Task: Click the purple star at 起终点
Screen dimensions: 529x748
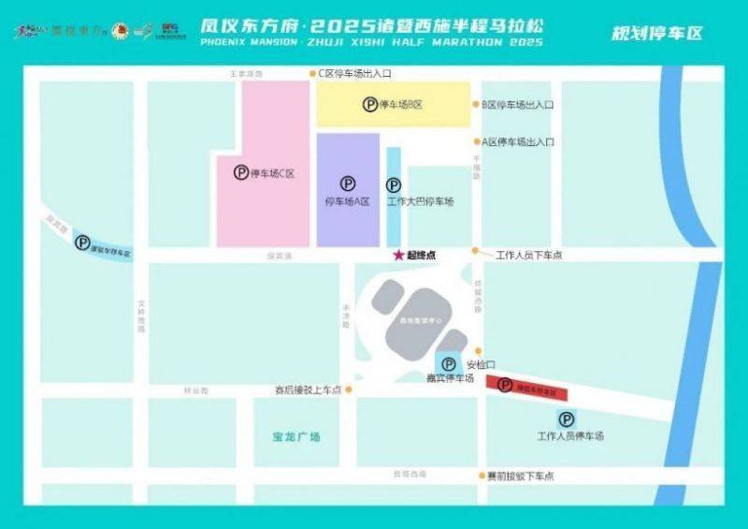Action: tap(397, 255)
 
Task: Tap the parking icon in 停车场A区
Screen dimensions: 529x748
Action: tap(348, 184)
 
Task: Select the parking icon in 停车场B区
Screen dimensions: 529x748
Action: tap(370, 105)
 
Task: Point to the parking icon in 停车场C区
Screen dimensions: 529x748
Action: tap(241, 172)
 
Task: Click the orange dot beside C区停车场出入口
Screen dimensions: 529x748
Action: tap(312, 72)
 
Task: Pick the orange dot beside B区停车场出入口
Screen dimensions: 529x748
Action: tap(476, 105)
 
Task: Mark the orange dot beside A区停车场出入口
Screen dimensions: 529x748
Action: tap(476, 142)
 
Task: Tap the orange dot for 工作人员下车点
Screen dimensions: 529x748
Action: tap(476, 251)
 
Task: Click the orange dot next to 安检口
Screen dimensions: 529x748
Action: tap(478, 351)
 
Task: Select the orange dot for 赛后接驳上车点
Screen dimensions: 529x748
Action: tap(349, 389)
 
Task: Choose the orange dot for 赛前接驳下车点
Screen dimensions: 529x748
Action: tap(478, 476)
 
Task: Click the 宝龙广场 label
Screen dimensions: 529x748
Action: tap(292, 437)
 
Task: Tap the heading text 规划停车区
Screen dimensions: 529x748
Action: tap(656, 34)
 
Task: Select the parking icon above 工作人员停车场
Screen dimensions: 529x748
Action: tap(565, 419)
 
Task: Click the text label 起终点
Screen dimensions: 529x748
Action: tap(421, 255)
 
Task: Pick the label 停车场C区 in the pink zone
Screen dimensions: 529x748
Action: tap(274, 173)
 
